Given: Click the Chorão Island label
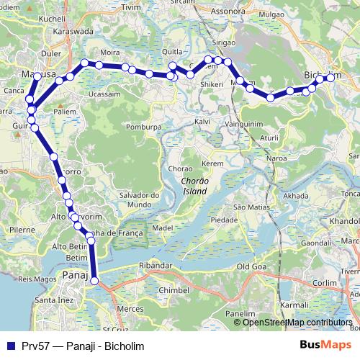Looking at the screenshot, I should pyautogui.click(x=194, y=186).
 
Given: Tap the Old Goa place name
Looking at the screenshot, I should pyautogui.click(x=252, y=266).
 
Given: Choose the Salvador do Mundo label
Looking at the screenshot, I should pyautogui.click(x=138, y=200).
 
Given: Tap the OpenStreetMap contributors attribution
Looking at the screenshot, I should pyautogui.click(x=297, y=323).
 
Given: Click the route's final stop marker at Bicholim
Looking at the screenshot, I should pyautogui.click(x=331, y=78).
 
